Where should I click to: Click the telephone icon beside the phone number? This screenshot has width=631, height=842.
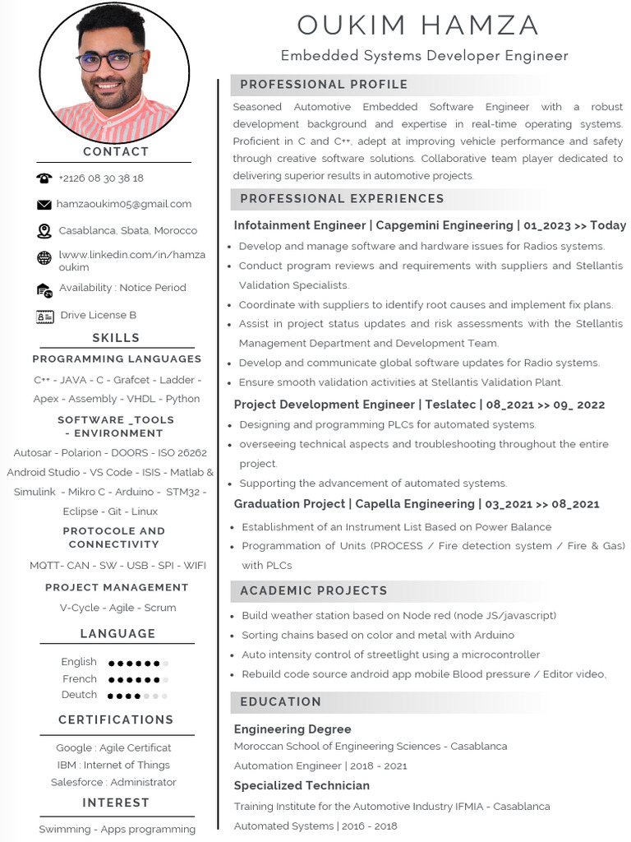44,178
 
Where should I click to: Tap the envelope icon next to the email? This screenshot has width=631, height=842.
44,204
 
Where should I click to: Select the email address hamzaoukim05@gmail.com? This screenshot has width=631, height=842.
124,204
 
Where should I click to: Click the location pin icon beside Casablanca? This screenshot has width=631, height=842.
44,231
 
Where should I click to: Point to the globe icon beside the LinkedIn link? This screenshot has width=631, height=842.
44,258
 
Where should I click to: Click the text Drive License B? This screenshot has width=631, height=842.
99,315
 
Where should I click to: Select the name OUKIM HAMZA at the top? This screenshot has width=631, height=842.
418,25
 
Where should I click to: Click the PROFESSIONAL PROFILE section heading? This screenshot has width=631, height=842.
324,85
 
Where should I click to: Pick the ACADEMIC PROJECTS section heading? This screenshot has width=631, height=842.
314,590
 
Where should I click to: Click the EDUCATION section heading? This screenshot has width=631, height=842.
281,701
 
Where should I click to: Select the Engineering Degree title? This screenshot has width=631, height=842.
292,729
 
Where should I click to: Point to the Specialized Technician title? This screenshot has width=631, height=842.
302,785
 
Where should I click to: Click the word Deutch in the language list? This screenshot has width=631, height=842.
79,695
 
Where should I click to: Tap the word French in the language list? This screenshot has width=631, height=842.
80,678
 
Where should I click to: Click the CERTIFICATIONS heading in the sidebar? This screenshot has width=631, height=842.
116,719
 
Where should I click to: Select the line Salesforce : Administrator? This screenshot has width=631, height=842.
113,782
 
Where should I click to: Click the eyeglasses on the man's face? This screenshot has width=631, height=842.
111,61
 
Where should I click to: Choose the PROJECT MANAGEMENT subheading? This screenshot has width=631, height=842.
117,587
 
